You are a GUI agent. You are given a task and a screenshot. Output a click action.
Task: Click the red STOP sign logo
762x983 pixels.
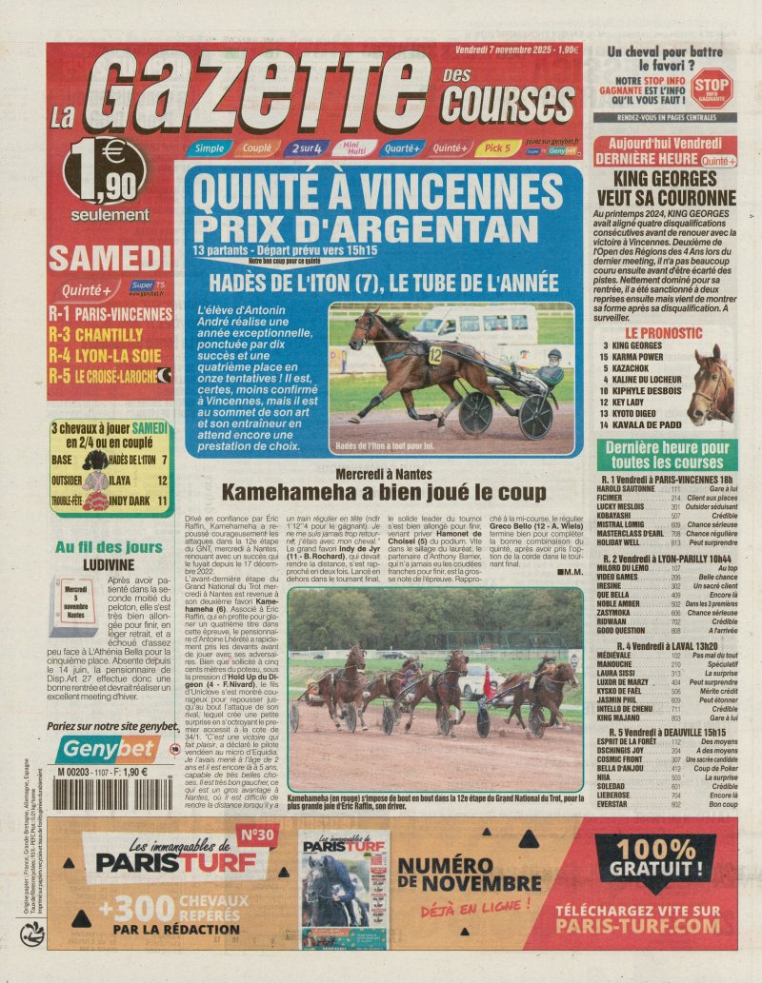click(712, 86)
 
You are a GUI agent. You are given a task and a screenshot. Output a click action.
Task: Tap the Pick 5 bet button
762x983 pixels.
click(497, 147)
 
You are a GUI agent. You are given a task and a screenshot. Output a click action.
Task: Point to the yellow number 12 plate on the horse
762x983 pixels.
click(434, 356)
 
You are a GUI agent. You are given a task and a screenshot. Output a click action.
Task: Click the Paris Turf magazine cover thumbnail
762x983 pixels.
click(344, 889)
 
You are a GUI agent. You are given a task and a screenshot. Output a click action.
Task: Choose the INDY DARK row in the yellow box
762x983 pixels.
click(111, 500)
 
